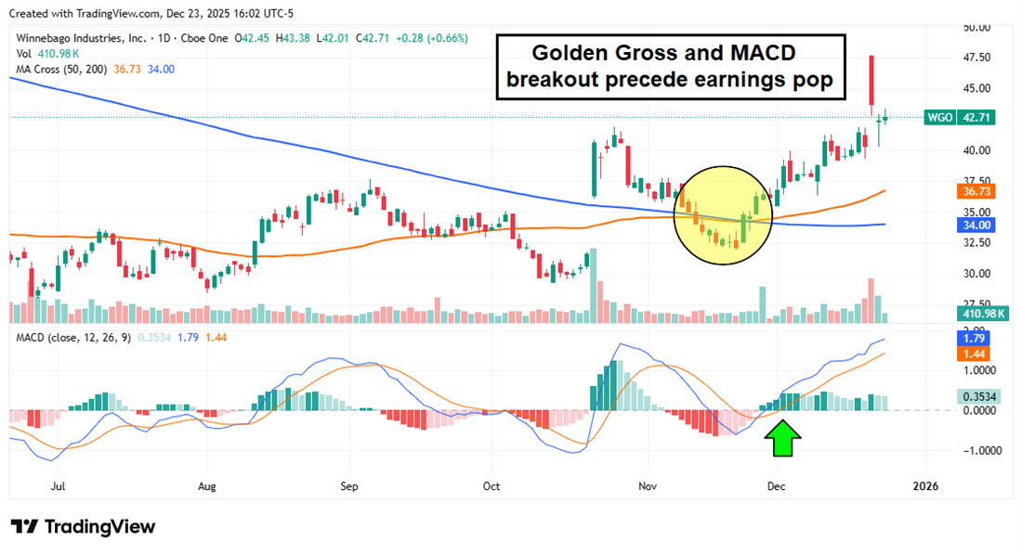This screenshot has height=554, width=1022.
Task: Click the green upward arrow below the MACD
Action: click(785, 440)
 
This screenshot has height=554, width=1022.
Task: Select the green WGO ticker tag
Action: click(937, 118)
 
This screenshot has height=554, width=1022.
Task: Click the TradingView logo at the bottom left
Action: click(84, 527)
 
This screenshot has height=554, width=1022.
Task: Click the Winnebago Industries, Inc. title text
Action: click(79, 39)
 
